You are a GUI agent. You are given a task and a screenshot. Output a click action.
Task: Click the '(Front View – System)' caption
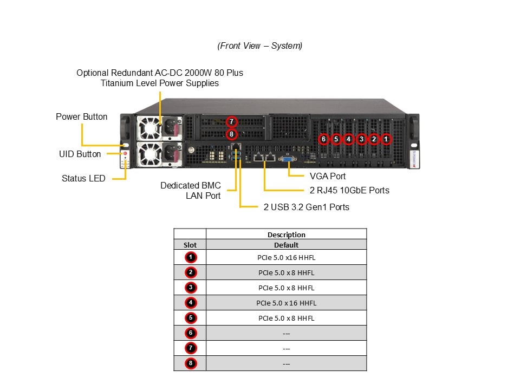click(260, 46)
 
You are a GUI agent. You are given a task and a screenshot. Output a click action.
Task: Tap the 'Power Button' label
click(82, 117)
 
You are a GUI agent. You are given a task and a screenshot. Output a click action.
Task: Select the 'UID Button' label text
click(80, 154)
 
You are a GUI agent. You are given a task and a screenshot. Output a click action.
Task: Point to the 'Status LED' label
click(83, 178)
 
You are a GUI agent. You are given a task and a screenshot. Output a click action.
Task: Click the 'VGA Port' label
click(328, 176)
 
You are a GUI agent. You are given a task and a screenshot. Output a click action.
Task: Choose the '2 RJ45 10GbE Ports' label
click(349, 190)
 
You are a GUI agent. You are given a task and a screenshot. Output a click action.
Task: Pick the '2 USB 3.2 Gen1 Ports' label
click(307, 207)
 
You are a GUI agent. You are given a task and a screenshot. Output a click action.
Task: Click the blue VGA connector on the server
click(288, 158)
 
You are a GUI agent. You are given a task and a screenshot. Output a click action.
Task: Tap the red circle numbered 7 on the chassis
click(231, 121)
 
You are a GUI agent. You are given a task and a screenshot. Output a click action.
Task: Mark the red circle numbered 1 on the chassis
click(386, 139)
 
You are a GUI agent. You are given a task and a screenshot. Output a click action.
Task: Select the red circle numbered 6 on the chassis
click(323, 139)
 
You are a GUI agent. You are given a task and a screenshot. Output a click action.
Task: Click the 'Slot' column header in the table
click(190, 245)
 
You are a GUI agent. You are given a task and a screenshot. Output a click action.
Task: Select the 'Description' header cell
click(286, 235)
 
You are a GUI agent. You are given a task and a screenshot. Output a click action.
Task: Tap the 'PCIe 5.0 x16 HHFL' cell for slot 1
click(286, 257)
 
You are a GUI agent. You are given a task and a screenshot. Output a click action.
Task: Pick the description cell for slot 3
click(286, 288)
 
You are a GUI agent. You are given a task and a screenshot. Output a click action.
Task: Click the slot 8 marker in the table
click(190, 363)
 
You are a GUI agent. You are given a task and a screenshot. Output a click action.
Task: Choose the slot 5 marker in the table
click(190, 318)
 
